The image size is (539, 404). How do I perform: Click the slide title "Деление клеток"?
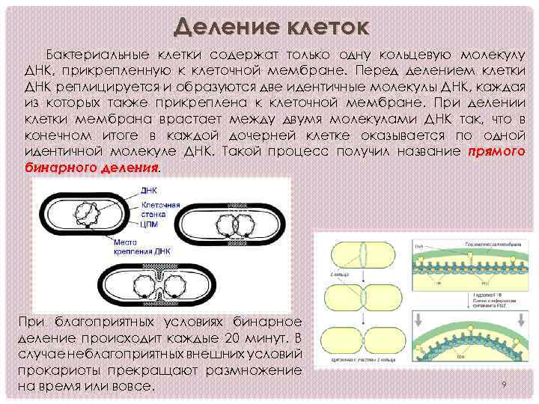click(x=270, y=28)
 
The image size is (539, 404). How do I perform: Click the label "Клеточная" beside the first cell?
click(x=160, y=204)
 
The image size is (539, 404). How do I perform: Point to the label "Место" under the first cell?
click(x=124, y=242)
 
